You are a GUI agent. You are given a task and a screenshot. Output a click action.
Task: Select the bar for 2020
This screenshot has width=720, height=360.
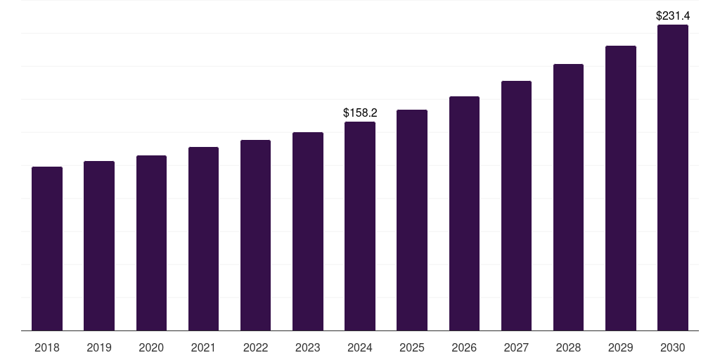[151, 243]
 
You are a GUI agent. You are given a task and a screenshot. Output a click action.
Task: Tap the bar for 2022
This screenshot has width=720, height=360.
[255, 235]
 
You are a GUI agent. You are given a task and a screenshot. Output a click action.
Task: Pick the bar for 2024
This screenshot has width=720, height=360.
[360, 226]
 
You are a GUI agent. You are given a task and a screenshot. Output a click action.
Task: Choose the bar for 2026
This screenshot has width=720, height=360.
[464, 213]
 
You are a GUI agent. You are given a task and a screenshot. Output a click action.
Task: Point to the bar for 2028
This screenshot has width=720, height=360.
[568, 197]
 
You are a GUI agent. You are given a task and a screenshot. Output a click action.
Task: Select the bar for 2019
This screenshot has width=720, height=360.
[99, 245]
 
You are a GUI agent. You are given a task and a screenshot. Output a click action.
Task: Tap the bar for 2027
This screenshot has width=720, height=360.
[516, 205]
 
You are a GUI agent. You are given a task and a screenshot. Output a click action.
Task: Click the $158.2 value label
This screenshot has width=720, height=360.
[360, 112]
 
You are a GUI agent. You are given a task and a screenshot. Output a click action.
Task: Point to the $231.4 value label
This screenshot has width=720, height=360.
[673, 15]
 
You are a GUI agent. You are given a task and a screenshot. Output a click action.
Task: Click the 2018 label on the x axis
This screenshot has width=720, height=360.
[47, 347]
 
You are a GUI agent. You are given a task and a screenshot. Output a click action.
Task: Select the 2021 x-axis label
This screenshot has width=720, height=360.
[203, 347]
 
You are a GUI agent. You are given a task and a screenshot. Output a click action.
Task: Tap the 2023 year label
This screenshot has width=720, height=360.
[308, 347]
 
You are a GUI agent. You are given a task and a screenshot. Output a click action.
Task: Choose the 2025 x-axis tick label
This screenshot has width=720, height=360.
[412, 347]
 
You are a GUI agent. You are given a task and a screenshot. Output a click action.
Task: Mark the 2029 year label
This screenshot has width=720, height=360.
[621, 347]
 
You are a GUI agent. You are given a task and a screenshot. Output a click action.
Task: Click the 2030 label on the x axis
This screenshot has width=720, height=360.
[673, 347]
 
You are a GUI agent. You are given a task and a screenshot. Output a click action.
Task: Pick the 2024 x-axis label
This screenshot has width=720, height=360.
[360, 347]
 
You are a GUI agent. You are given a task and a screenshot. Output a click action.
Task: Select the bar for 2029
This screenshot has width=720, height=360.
[621, 188]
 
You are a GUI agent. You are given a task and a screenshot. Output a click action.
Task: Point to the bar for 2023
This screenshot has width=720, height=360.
[308, 231]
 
